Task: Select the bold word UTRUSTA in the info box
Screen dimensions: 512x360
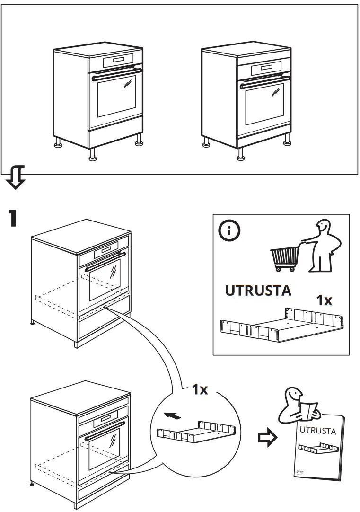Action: coord(258,291)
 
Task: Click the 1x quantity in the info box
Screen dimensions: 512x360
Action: coord(325,300)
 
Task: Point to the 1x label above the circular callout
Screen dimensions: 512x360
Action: coord(200,389)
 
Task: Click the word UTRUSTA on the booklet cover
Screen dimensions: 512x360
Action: coord(318,431)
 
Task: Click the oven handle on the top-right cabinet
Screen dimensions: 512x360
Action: coord(265,81)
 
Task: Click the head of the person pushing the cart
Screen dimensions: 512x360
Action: coord(323,227)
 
